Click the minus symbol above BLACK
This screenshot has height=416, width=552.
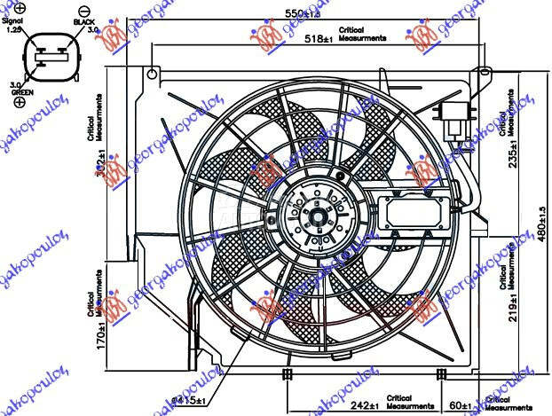(84, 7)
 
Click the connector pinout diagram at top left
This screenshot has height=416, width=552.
(51, 59)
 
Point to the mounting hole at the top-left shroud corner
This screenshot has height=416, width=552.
(152, 73)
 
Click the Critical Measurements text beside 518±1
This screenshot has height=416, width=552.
(362, 39)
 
